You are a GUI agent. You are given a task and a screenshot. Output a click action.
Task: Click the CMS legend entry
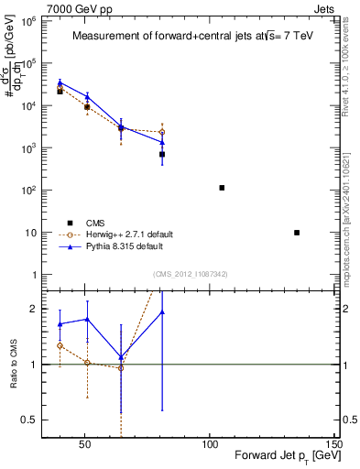(x=95, y=223)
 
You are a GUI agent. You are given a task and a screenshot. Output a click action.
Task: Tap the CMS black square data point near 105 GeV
(x=222, y=188)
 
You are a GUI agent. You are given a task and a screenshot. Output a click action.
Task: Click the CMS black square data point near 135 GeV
(x=297, y=233)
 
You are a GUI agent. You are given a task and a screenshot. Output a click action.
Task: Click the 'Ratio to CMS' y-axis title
(x=15, y=364)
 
